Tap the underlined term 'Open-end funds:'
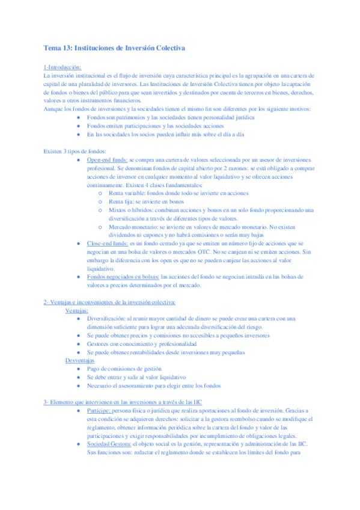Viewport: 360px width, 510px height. pyautogui.click(x=106, y=160)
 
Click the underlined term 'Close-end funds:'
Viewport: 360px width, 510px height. pyautogui.click(x=107, y=244)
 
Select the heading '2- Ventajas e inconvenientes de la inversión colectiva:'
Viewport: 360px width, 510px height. pyautogui.click(x=109, y=302)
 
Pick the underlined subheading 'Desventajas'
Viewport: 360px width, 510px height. pyautogui.click(x=80, y=360)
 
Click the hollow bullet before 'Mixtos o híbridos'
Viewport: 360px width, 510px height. pyautogui.click(x=100, y=210)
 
